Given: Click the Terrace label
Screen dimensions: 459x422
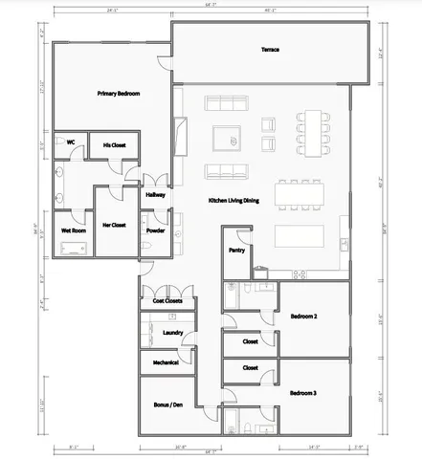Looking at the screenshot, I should (x=270, y=49).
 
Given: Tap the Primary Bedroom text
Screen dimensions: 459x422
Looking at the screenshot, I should (x=119, y=94).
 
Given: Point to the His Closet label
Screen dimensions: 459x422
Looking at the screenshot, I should (x=114, y=144).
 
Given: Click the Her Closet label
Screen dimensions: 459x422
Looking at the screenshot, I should (x=113, y=225).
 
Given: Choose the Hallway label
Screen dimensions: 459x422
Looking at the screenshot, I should (x=155, y=195).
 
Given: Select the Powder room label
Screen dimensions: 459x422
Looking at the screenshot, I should (x=155, y=230).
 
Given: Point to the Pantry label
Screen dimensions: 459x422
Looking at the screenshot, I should (x=236, y=250).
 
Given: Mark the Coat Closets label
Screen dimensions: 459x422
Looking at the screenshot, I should (x=167, y=301).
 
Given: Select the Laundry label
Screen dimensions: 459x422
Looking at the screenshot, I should (x=172, y=332).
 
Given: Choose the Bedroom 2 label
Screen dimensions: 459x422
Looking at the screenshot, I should (x=304, y=316).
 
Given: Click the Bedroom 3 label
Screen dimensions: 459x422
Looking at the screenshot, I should (x=303, y=392).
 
